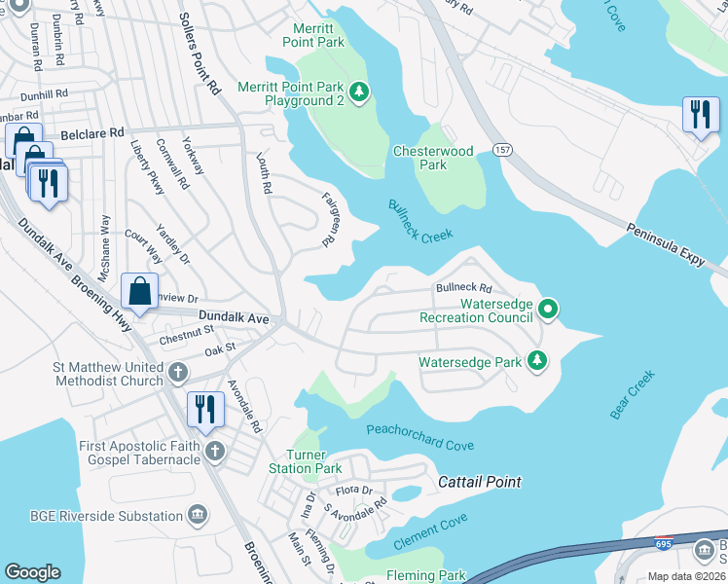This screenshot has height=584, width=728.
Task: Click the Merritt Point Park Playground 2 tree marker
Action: (x=360, y=92)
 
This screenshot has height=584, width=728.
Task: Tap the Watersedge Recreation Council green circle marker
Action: (x=548, y=310)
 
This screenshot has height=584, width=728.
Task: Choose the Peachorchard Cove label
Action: (x=419, y=437)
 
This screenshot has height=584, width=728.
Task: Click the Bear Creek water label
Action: (x=633, y=393)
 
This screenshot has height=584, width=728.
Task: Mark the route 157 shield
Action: (x=502, y=150)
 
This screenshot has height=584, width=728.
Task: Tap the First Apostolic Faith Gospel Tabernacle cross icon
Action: (x=214, y=452)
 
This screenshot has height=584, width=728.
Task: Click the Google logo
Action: (x=33, y=572)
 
